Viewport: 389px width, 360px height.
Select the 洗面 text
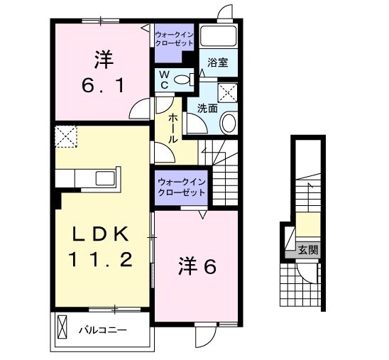(x=207, y=109)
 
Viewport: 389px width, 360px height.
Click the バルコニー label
(x=102, y=330)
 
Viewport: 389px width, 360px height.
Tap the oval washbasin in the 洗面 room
(x=229, y=124)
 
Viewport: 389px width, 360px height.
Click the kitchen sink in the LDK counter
(x=102, y=178)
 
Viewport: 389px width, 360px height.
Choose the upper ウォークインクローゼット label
(x=173, y=38)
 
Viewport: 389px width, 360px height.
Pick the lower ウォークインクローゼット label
(x=181, y=187)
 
